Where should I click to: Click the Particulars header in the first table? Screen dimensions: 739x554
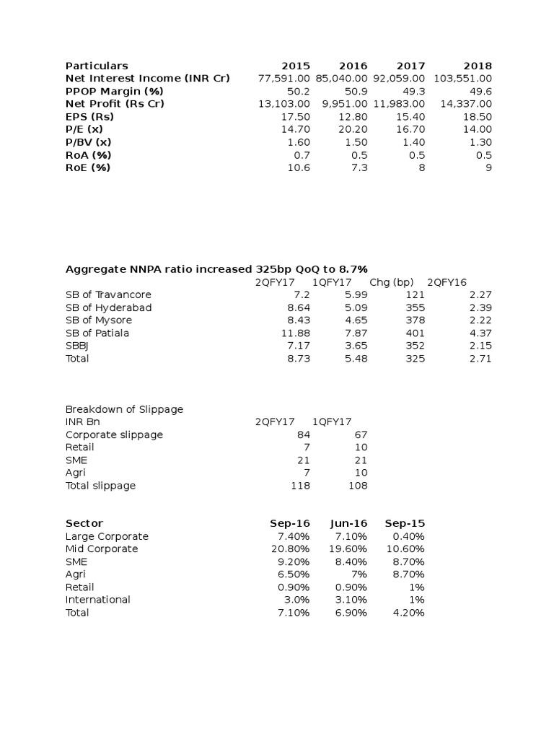coord(97,66)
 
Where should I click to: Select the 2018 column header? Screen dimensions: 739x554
coord(478,66)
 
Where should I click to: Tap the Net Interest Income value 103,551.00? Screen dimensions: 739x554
coord(462,78)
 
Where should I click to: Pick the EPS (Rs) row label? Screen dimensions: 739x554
coord(89,116)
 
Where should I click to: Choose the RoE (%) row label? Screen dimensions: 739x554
coord(88,167)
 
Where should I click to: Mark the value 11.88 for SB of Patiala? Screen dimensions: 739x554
coord(296,333)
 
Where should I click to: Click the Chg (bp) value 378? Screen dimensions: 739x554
coord(415,320)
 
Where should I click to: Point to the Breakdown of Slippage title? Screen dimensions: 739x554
coord(124,409)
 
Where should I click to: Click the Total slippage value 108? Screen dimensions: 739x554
coord(359,486)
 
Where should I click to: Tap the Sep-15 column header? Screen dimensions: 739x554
coord(405,523)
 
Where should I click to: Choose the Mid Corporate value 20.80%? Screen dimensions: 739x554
coord(291,548)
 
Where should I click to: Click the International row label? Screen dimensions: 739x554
coord(98,600)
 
